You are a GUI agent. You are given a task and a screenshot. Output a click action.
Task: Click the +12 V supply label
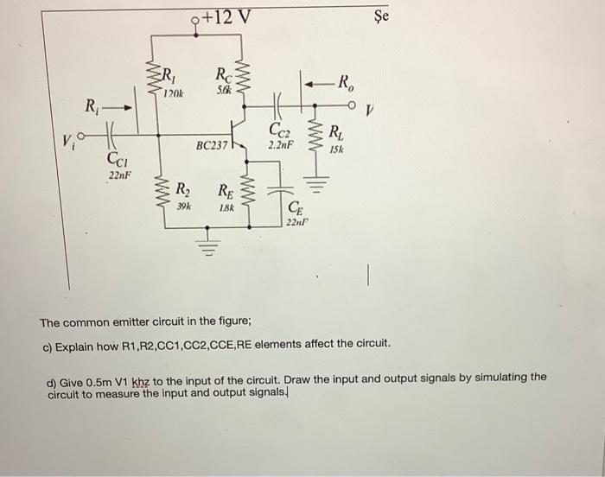(226, 16)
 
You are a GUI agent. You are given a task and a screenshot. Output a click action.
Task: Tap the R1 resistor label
(170, 73)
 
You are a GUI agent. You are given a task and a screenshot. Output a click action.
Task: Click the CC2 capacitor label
(280, 130)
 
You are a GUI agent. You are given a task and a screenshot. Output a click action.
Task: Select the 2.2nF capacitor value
(282, 145)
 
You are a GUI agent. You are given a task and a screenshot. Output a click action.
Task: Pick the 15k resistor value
(336, 150)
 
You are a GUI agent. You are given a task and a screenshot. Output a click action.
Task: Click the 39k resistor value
(183, 207)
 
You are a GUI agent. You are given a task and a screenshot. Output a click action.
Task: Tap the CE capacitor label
(295, 207)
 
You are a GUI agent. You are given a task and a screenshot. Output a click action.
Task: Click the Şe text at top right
(382, 16)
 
